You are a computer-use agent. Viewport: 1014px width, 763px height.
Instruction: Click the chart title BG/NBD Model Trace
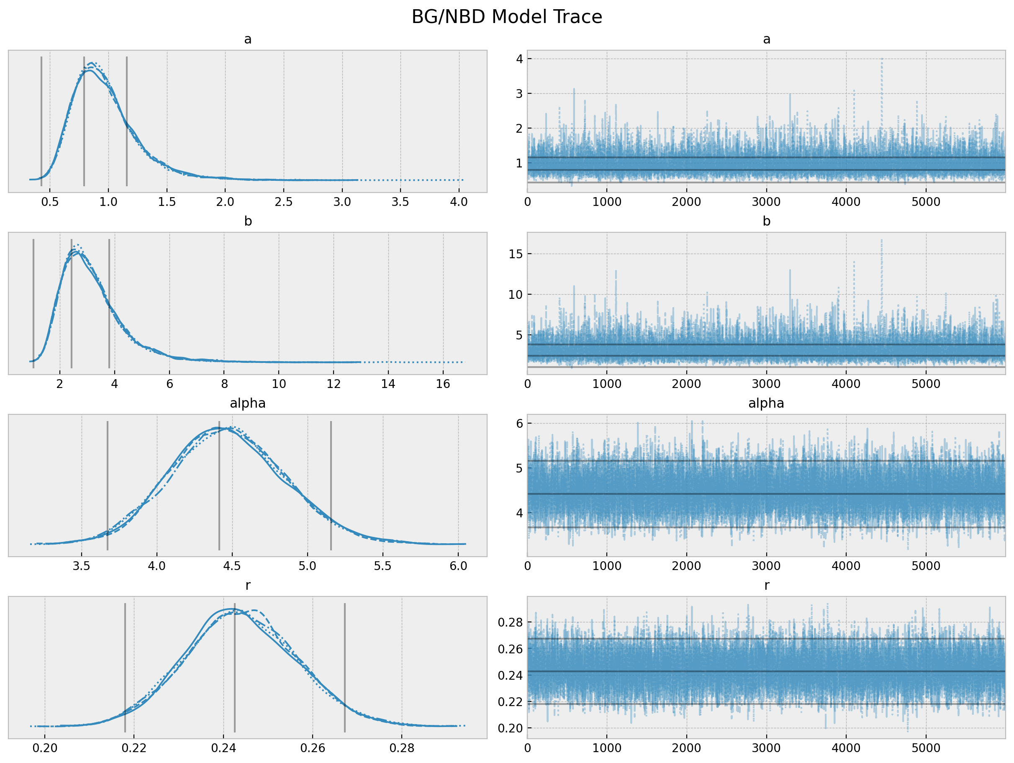506,17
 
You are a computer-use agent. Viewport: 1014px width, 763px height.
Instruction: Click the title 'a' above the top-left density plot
248,39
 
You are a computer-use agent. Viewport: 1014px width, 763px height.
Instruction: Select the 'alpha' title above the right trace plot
766,403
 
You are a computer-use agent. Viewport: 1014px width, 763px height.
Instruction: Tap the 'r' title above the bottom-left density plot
248,585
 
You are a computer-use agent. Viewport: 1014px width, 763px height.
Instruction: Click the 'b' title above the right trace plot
766,221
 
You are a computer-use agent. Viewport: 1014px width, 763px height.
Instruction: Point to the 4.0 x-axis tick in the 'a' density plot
458,202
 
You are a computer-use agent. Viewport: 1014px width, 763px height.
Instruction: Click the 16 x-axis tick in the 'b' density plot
443,384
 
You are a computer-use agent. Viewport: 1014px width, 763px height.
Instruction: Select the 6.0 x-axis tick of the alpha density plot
458,566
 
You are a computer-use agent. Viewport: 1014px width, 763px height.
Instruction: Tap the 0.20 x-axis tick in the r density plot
45,748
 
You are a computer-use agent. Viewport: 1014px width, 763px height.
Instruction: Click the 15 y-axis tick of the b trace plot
516,254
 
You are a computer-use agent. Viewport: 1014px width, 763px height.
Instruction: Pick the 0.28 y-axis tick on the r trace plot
510,622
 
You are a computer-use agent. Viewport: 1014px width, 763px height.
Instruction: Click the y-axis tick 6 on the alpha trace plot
519,424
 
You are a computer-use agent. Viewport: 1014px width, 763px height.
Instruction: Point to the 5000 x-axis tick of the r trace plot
926,748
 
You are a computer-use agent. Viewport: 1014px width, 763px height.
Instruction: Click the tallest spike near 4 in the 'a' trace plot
881,59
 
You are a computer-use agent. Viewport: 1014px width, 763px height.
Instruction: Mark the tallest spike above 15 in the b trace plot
881,240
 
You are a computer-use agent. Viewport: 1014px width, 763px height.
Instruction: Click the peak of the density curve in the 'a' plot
91,63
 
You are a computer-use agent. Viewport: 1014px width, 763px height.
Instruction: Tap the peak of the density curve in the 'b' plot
76,245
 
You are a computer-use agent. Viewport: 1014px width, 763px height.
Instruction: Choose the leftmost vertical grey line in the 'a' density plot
41,121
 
